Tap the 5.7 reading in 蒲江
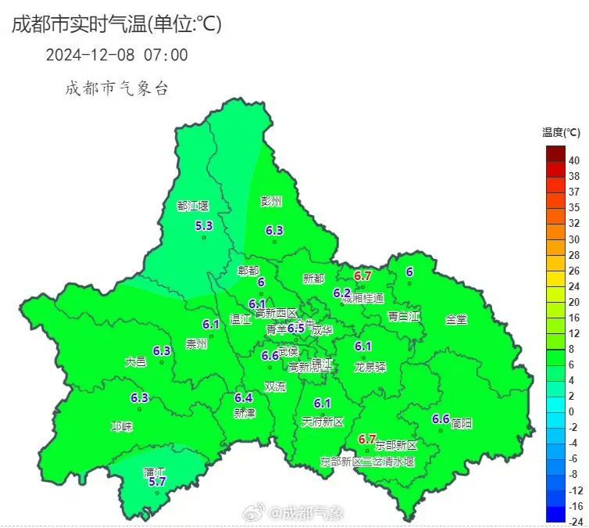pos(158,482)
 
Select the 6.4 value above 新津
pos(243,398)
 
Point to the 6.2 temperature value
pos(342,293)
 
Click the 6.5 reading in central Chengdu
pos(295,329)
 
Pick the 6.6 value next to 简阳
pos(441,419)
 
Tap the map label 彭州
pos(271,201)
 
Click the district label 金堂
pos(456,319)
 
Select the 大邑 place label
pos(135,362)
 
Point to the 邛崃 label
pos(122,427)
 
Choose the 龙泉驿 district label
pos(370,366)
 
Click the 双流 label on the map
pos(275,386)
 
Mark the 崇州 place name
pos(197,343)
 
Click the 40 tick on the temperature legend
pos(574,160)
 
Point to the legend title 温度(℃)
pos(561,131)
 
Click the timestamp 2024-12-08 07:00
pos(116,55)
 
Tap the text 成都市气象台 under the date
pos(116,88)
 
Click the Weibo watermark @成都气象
pos(296,513)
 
